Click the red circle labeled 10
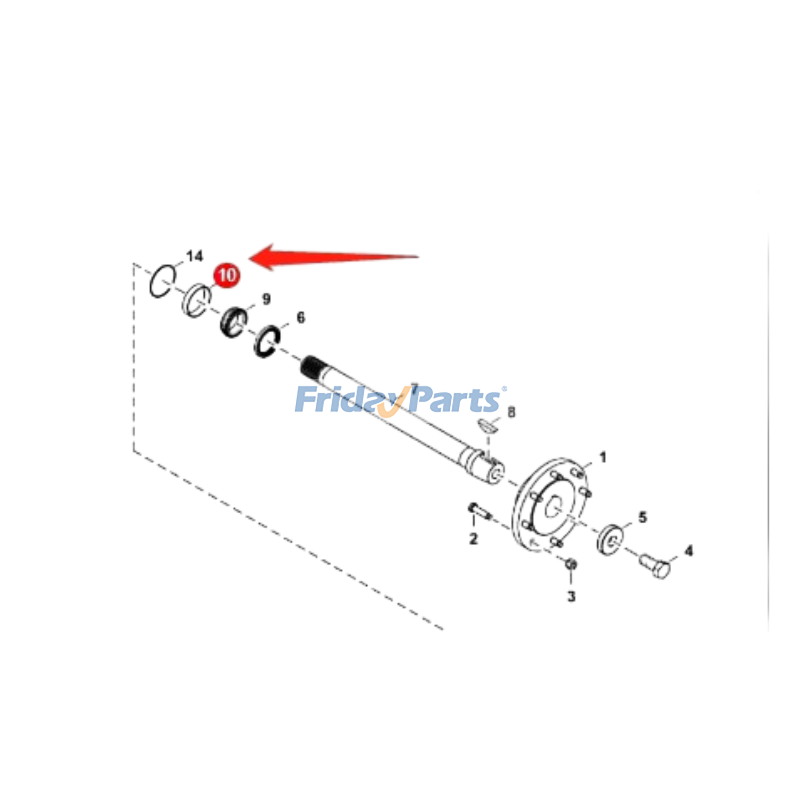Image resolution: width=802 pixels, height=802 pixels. [227, 275]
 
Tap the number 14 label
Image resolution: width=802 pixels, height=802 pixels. [194, 256]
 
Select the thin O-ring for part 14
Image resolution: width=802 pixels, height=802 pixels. [162, 281]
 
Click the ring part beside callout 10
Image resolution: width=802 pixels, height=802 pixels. [195, 300]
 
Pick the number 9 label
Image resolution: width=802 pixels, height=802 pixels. [266, 299]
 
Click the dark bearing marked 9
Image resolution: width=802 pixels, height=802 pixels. [234, 322]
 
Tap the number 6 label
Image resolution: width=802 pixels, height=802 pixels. [300, 317]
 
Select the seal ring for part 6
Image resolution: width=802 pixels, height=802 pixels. [267, 342]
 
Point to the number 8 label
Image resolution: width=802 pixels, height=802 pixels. [511, 412]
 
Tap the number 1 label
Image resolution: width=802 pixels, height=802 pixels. [603, 457]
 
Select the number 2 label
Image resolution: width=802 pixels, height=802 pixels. [473, 539]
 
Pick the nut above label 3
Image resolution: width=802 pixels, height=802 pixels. [570, 564]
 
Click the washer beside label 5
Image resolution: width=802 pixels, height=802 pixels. [610, 539]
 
